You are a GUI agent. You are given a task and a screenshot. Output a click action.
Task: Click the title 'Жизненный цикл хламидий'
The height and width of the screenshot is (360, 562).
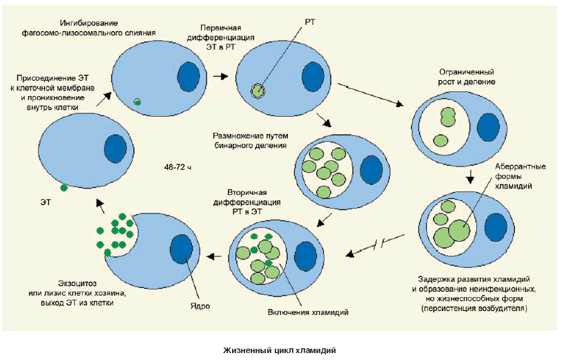[x=280, y=350]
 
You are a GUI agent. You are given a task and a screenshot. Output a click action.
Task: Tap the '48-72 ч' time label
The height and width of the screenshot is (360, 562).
[x=179, y=167]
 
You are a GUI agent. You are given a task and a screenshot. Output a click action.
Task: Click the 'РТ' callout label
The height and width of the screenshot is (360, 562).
[x=309, y=23]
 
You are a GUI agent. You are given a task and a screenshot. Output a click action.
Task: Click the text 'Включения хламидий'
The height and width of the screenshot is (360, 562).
[x=307, y=312]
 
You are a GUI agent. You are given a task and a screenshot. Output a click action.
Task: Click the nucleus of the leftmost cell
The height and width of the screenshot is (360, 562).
[x=115, y=148]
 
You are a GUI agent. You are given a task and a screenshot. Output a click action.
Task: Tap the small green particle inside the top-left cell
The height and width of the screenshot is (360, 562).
[x=137, y=102]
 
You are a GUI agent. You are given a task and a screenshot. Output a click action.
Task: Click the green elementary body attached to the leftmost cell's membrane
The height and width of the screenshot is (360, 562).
[x=64, y=187]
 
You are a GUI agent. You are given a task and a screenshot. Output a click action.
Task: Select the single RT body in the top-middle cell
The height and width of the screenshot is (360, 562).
[x=258, y=90]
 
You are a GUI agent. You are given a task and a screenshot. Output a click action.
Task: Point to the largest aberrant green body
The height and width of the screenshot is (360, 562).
[x=456, y=231]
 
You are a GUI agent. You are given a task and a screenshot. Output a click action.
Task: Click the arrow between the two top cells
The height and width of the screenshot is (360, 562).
[x=220, y=76]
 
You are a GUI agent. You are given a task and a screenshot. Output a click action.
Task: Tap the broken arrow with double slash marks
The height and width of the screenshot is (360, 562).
[x=377, y=246]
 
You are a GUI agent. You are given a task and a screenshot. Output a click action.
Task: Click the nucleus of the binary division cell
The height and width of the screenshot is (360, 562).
[x=371, y=169]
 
